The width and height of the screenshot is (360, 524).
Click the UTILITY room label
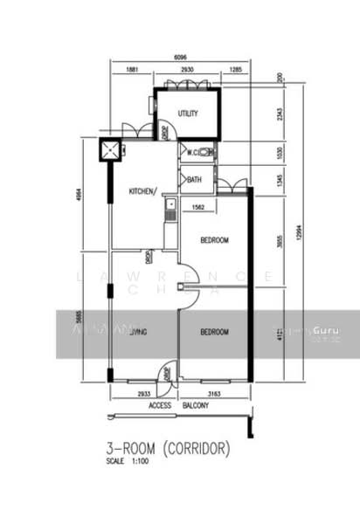point(188,114)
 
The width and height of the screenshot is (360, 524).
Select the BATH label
point(194,181)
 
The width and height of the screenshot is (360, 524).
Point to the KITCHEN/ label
point(143,190)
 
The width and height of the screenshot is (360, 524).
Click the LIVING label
point(136,332)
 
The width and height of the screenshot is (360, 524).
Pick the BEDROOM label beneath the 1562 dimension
point(214,240)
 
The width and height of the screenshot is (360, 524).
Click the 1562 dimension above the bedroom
point(198,207)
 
